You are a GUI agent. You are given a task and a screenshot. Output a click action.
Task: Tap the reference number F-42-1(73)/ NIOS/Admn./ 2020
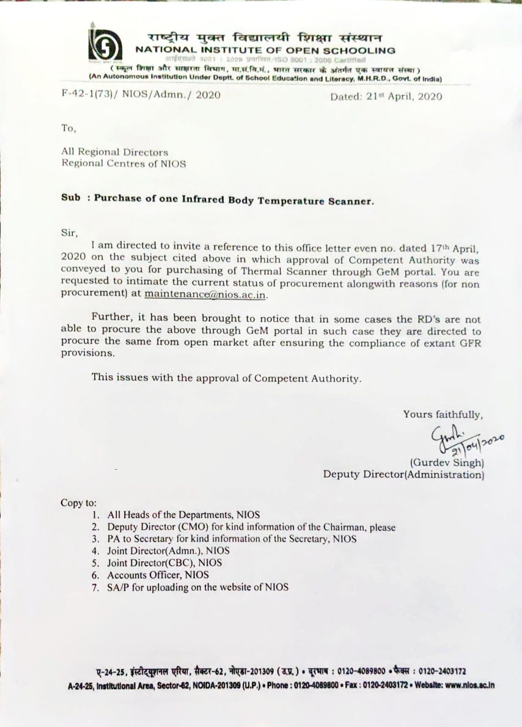pos(141,95)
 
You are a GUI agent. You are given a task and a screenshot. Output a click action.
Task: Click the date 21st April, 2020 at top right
pos(386,97)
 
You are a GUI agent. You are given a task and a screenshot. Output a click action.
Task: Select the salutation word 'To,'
pos(68,128)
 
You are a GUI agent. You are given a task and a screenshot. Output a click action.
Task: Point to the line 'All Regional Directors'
pos(114,152)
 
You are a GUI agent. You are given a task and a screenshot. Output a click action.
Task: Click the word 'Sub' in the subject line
pos(71,199)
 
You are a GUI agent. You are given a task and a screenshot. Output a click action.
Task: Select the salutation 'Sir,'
pos(70,232)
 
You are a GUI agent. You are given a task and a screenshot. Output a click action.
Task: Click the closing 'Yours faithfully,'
pos(443,415)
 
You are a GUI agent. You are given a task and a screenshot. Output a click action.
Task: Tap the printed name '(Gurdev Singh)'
pos(447,462)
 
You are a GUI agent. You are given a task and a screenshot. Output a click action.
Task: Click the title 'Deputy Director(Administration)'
pos(403,475)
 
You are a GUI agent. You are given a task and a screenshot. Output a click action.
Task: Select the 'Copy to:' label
pos(78,503)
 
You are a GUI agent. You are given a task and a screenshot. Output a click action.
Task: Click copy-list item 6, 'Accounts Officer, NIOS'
pos(158,575)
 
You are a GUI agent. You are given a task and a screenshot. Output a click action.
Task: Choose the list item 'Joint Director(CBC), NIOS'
pos(164,563)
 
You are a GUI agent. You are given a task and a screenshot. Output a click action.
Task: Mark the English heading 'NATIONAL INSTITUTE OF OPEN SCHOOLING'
pos(265,50)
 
